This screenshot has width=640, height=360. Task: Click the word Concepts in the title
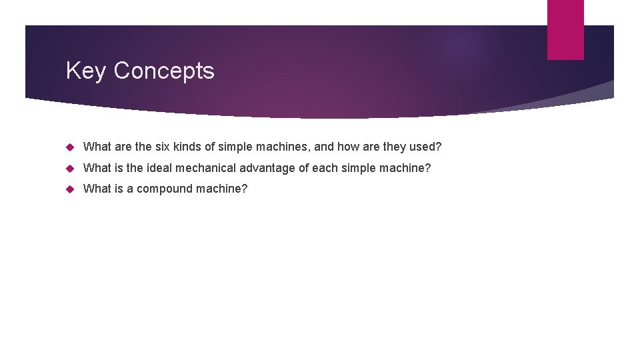click(164, 71)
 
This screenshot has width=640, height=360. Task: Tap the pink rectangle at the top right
click(565, 29)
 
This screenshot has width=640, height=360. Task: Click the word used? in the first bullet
click(423, 147)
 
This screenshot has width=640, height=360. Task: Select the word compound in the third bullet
click(165, 189)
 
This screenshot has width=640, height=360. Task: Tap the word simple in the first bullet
click(235, 147)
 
